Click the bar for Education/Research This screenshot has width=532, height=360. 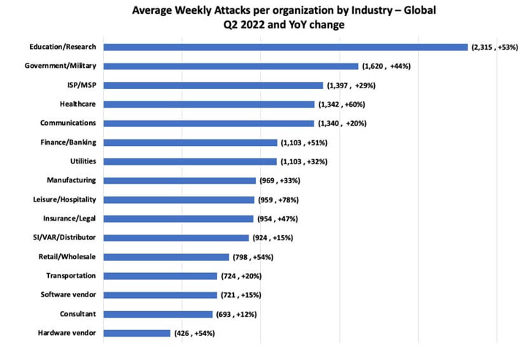click(x=285, y=47)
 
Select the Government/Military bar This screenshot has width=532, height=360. click(x=231, y=66)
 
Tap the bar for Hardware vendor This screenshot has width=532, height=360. click(x=137, y=333)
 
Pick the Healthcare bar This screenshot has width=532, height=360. click(x=209, y=104)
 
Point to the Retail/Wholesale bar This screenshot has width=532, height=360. click(x=166, y=257)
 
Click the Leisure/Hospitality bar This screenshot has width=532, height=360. click(x=178, y=199)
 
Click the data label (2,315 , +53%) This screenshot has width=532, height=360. click(x=494, y=47)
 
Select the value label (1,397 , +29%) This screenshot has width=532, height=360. click(x=349, y=85)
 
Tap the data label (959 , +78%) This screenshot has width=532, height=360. click(x=281, y=199)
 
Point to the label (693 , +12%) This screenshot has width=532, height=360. click(x=237, y=314)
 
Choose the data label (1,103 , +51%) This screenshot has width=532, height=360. click(x=304, y=142)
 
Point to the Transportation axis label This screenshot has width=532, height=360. click(x=71, y=276)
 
